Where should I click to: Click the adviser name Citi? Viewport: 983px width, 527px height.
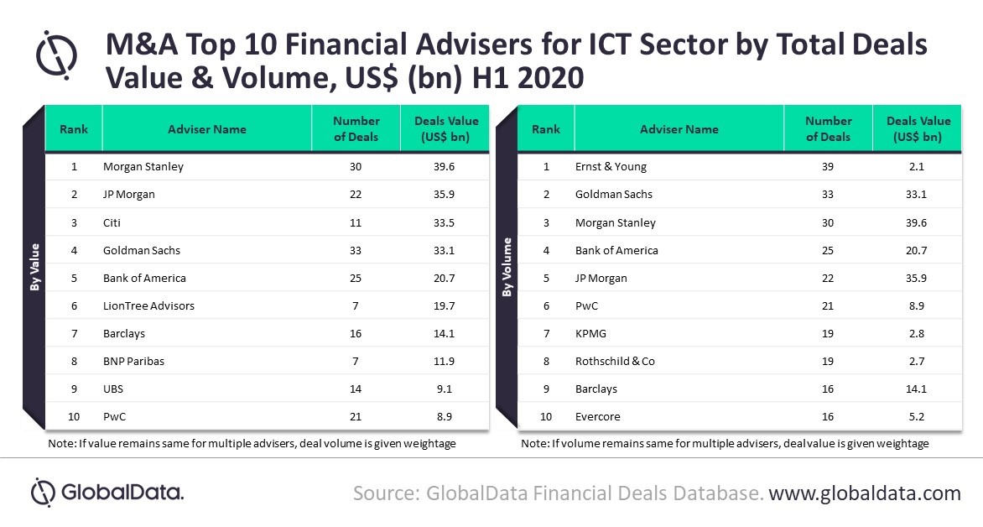pyautogui.click(x=113, y=222)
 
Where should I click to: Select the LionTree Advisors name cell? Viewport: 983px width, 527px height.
pyautogui.click(x=148, y=305)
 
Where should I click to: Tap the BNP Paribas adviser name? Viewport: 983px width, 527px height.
pyautogui.click(x=133, y=361)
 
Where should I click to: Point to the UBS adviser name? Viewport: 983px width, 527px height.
pyautogui.click(x=113, y=389)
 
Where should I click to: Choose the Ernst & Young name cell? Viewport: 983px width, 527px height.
pyautogui.click(x=611, y=166)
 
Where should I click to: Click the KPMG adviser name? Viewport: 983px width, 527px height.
pyautogui.click(x=590, y=333)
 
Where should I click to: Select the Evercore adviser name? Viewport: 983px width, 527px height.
pyautogui.click(x=598, y=416)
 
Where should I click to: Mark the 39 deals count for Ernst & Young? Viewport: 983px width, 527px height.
pyautogui.click(x=828, y=166)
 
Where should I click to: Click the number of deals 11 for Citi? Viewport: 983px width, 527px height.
pyautogui.click(x=356, y=222)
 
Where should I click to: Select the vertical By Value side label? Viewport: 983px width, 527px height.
pyautogui.click(x=34, y=267)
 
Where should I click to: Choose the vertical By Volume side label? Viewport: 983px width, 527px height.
pyautogui.click(x=507, y=267)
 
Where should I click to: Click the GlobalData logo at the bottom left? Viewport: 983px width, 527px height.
pyautogui.click(x=107, y=492)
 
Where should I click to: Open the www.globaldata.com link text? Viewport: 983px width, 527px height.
pyautogui.click(x=865, y=493)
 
